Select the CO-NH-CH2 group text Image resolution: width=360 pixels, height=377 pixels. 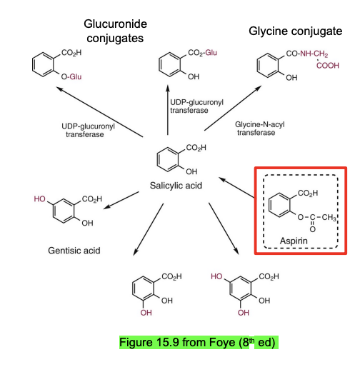coord(309,52)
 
